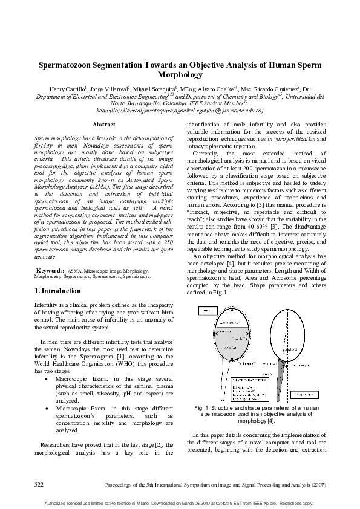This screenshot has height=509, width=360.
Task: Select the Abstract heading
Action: (x=103, y=125)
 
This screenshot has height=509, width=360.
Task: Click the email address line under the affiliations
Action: (x=179, y=110)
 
